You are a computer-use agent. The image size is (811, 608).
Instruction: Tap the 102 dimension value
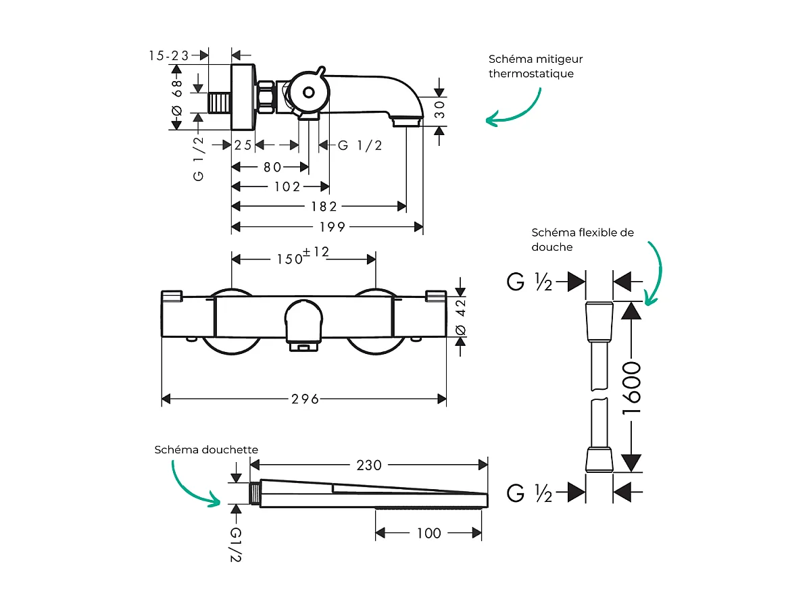[287, 186]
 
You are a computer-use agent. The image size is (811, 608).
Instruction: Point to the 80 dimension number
[272, 167]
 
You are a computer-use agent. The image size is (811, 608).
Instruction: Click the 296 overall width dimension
[305, 399]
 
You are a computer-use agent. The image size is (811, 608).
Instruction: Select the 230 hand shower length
[369, 465]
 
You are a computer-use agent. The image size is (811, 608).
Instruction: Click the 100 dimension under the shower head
[428, 533]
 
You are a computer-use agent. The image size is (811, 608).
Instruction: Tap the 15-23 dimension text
[169, 55]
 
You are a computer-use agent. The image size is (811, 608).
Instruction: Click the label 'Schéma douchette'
[206, 449]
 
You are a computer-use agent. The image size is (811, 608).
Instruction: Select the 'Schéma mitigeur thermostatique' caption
[535, 66]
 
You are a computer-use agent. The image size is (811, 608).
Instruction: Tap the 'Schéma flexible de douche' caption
[583, 239]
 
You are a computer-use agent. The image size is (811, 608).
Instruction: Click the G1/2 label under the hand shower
[235, 544]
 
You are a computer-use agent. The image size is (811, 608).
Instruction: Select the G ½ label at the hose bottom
[529, 493]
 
